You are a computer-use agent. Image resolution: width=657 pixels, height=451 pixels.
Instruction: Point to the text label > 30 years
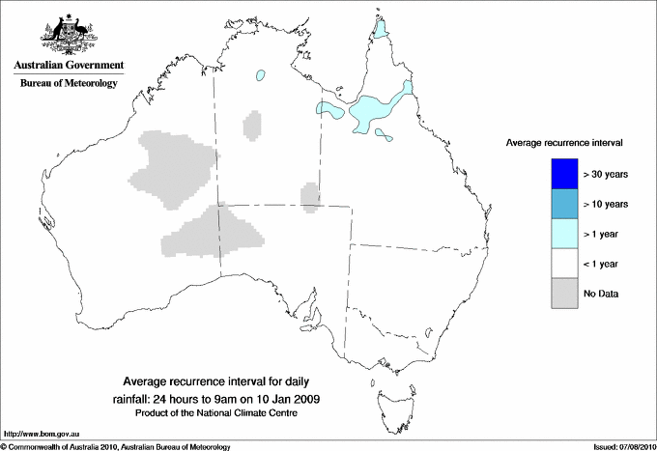pyautogui.click(x=606, y=174)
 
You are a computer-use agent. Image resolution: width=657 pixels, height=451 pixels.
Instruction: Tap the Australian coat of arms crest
pyautogui.click(x=69, y=34)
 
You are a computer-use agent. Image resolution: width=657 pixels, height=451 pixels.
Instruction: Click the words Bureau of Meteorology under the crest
pyautogui.click(x=69, y=83)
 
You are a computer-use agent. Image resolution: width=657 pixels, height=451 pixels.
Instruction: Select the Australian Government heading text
pyautogui.click(x=69, y=66)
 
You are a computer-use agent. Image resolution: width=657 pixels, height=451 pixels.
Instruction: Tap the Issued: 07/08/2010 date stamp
pyautogui.click(x=623, y=446)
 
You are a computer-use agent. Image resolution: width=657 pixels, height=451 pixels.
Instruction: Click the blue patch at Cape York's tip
pyautogui.click(x=382, y=28)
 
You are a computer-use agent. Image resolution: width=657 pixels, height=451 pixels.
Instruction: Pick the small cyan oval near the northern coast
pyautogui.click(x=260, y=74)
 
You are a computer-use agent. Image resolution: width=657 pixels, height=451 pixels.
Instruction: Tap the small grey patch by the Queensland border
pyautogui.click(x=310, y=195)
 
